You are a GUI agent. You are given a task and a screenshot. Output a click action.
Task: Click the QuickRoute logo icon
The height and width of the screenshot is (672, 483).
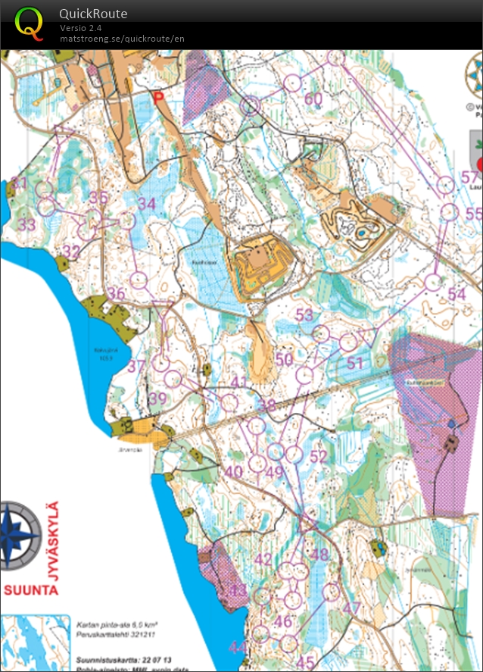click(x=30, y=23)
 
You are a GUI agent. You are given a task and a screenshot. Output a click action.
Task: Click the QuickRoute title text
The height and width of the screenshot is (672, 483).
click(x=93, y=14)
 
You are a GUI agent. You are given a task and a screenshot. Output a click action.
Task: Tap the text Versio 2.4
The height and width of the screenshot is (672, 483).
click(x=81, y=28)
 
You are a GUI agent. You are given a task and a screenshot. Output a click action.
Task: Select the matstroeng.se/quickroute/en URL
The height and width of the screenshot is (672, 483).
click(x=122, y=39)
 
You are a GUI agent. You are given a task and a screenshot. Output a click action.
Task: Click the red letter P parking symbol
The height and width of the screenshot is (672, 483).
click(x=158, y=97)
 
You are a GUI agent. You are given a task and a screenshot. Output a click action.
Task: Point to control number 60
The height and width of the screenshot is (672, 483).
click(x=313, y=99)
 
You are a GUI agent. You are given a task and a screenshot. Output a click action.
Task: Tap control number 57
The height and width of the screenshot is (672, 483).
click(x=470, y=179)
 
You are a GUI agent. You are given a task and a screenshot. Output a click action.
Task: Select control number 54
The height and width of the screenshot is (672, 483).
click(x=457, y=294)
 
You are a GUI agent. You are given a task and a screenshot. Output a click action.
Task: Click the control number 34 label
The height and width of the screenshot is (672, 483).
click(x=146, y=204)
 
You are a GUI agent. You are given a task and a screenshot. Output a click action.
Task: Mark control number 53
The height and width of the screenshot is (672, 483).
click(x=304, y=314)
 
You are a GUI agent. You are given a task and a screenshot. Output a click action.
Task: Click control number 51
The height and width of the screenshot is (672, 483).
click(x=356, y=363)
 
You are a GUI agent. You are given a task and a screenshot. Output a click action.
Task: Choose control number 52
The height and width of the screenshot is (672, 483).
click(x=319, y=456)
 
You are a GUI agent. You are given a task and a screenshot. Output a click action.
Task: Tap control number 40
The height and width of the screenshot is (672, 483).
click(x=234, y=472)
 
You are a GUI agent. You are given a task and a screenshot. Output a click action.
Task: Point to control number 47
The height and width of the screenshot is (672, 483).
click(x=351, y=608)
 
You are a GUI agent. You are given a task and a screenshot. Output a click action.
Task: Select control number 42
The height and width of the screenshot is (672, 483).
click(x=263, y=560)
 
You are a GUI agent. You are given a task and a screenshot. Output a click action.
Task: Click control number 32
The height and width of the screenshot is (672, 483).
click(x=71, y=252)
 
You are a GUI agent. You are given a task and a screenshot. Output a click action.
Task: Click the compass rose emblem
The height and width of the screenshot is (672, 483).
click(x=20, y=536)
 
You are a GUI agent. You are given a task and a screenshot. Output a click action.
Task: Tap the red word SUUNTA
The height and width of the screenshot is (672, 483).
click(x=30, y=589)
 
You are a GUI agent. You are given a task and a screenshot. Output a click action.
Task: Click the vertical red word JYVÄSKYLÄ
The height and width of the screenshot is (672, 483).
click(x=52, y=540)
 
